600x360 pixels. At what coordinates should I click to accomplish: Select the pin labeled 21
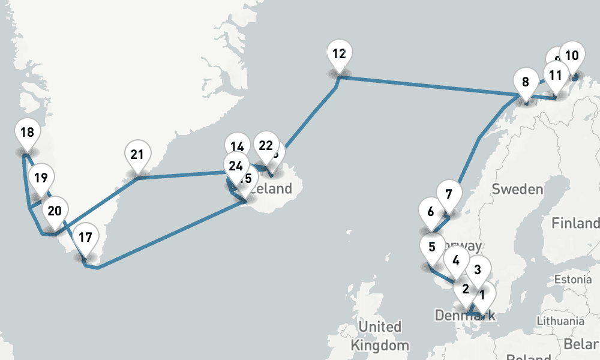coord(137,155)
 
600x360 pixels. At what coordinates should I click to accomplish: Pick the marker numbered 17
coord(85,238)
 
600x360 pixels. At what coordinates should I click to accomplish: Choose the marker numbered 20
coord(55,212)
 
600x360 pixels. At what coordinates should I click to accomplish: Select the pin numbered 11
coord(556,76)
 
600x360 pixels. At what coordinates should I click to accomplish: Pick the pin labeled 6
coord(430,212)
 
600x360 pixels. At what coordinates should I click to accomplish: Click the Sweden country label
coord(517,190)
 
